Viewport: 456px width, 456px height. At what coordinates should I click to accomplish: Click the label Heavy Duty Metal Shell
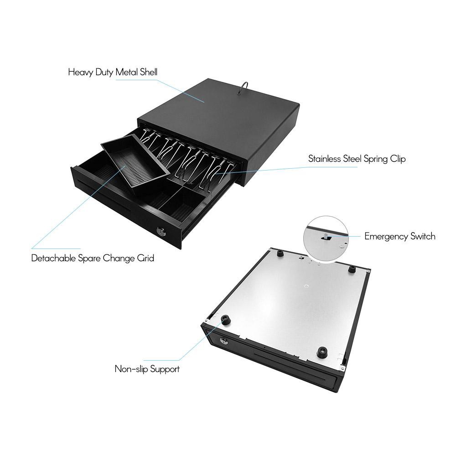[x=113, y=72]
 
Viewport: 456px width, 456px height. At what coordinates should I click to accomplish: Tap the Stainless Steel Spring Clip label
[x=357, y=159]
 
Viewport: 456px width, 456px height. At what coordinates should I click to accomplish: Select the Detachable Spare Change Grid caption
[x=93, y=258]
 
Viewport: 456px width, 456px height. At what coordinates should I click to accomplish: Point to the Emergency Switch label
[x=400, y=236]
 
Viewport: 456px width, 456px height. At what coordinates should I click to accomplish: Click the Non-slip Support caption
[x=147, y=369]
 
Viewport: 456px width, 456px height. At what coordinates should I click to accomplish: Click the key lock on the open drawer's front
[x=160, y=232]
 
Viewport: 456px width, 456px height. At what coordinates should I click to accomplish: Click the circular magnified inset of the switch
[x=326, y=236]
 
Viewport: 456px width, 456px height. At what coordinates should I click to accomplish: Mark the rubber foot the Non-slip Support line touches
[x=225, y=321]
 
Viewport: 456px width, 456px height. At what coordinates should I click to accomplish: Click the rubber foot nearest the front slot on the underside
[x=322, y=352]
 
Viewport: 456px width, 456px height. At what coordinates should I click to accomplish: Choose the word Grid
[x=146, y=258]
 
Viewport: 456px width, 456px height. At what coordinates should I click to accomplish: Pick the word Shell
[x=149, y=72]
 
